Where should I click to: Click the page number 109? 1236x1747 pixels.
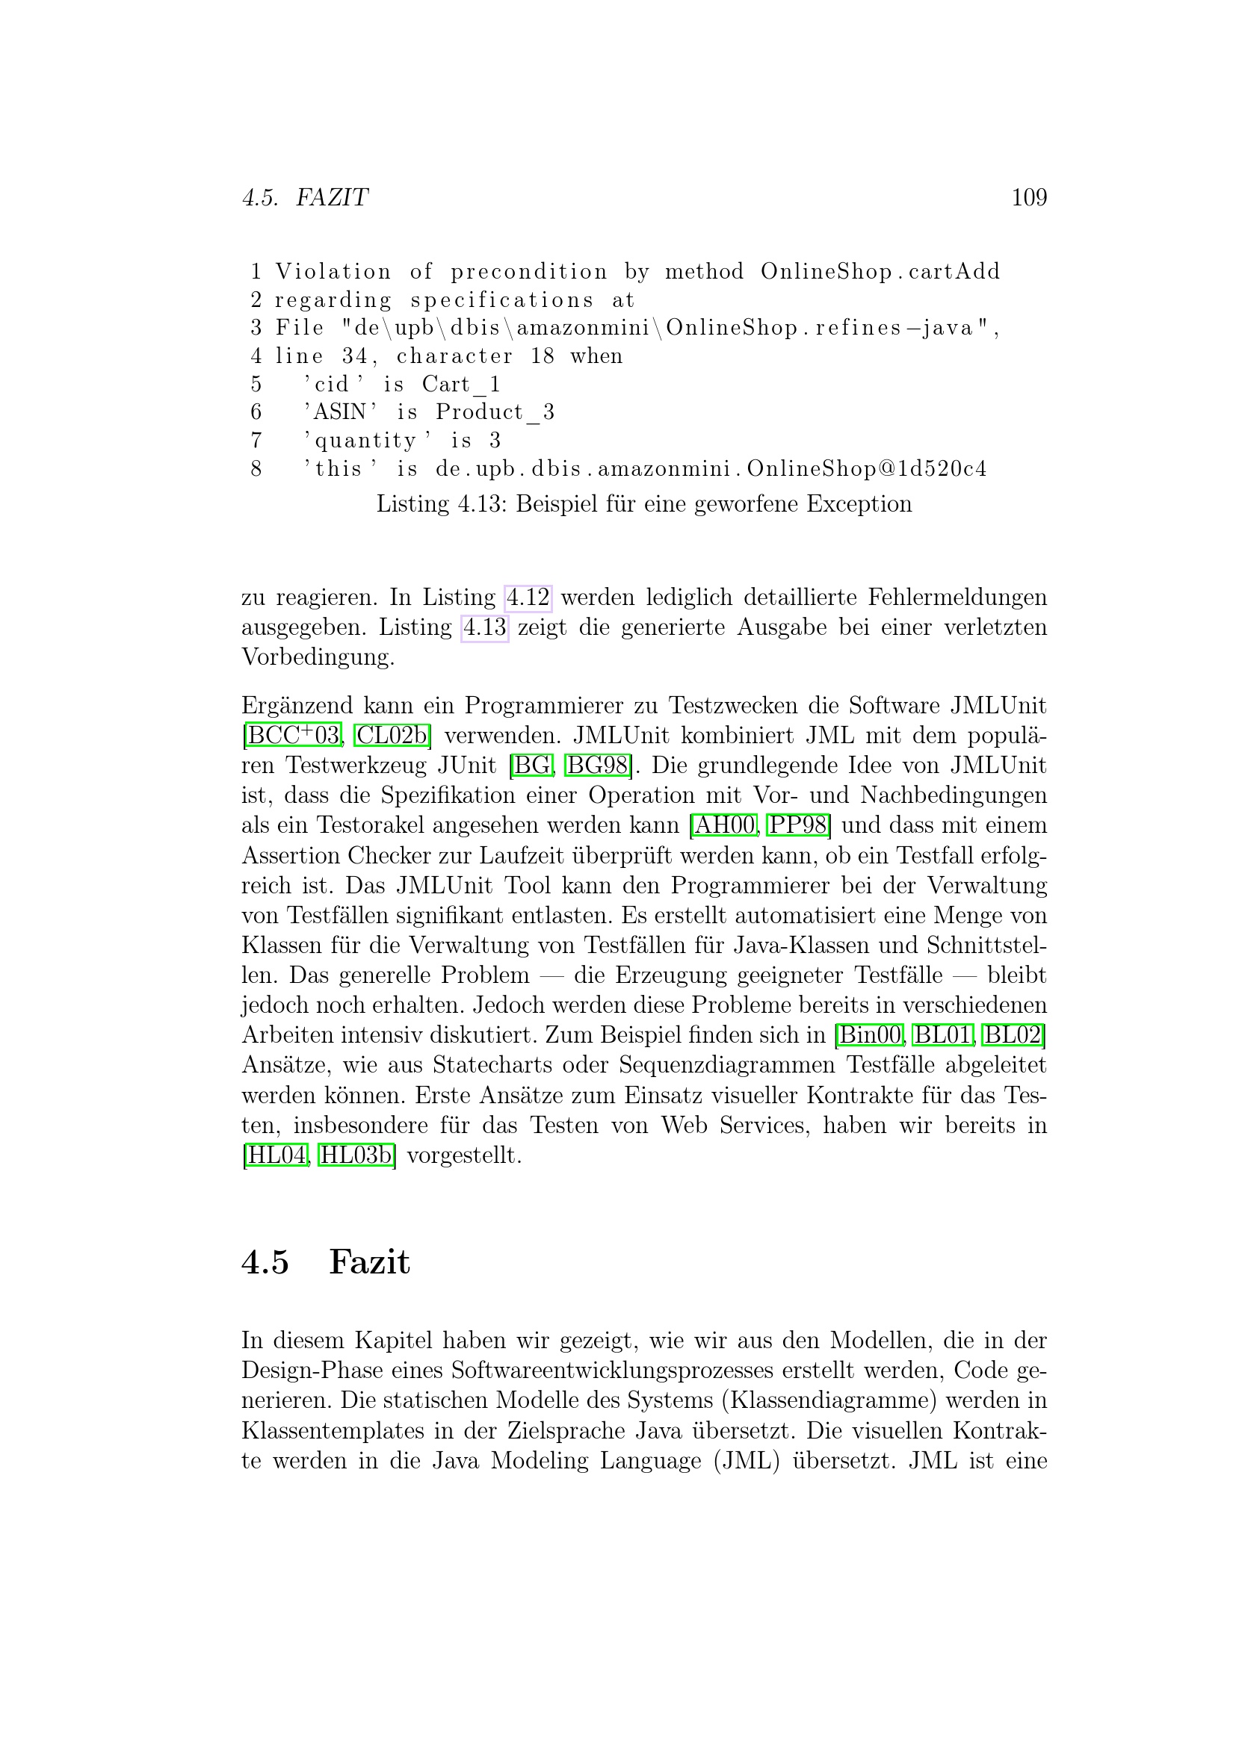click(x=1028, y=198)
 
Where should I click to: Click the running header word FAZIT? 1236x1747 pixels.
click(x=332, y=198)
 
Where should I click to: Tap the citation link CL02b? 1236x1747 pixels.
click(x=391, y=736)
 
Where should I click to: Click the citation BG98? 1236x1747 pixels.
click(x=599, y=766)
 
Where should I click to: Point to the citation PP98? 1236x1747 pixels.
click(x=797, y=825)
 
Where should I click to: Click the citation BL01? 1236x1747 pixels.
click(x=942, y=1034)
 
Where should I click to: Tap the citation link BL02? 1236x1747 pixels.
click(x=1013, y=1034)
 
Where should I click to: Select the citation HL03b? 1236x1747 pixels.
click(x=356, y=1155)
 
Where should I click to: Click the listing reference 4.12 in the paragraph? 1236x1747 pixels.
click(x=528, y=598)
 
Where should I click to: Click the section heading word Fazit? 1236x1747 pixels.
click(x=369, y=1262)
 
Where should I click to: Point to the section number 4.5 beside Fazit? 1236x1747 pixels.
click(x=265, y=1262)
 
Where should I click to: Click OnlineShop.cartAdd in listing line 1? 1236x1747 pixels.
click(x=880, y=272)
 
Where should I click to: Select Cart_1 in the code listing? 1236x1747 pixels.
click(x=461, y=384)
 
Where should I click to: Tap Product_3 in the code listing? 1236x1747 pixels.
click(x=495, y=412)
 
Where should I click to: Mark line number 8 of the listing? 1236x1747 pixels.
click(x=256, y=469)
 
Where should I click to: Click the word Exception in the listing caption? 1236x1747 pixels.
click(x=859, y=503)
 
